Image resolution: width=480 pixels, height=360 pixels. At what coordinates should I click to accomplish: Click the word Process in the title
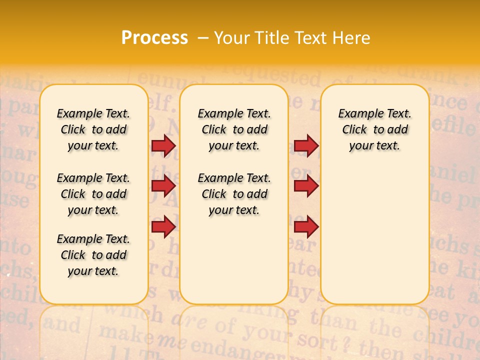[154, 37]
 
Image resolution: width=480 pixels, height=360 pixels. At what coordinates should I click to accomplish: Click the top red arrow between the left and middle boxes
[163, 145]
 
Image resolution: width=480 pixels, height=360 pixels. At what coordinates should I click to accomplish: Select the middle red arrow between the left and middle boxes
[163, 186]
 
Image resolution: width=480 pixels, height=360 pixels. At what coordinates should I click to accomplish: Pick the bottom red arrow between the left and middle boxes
[163, 226]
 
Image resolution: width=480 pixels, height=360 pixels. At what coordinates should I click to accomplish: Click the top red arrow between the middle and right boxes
[306, 145]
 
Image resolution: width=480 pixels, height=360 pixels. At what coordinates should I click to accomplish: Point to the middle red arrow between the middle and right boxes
[306, 186]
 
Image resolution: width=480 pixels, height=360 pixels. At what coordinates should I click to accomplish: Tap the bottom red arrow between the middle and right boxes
[306, 226]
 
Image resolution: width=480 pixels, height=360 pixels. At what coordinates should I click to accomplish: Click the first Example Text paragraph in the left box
[93, 129]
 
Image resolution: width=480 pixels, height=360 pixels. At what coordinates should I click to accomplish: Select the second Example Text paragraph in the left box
[93, 194]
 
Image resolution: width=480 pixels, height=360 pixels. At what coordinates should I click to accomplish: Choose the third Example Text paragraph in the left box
[93, 255]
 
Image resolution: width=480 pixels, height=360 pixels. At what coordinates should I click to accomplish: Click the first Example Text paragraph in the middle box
[234, 129]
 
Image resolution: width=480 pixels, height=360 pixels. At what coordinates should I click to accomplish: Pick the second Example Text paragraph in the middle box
[234, 194]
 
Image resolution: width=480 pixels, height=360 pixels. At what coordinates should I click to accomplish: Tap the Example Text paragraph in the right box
[375, 129]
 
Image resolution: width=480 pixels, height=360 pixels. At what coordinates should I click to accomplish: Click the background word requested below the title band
[280, 77]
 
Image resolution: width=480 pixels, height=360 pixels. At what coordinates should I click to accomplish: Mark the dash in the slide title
[203, 38]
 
